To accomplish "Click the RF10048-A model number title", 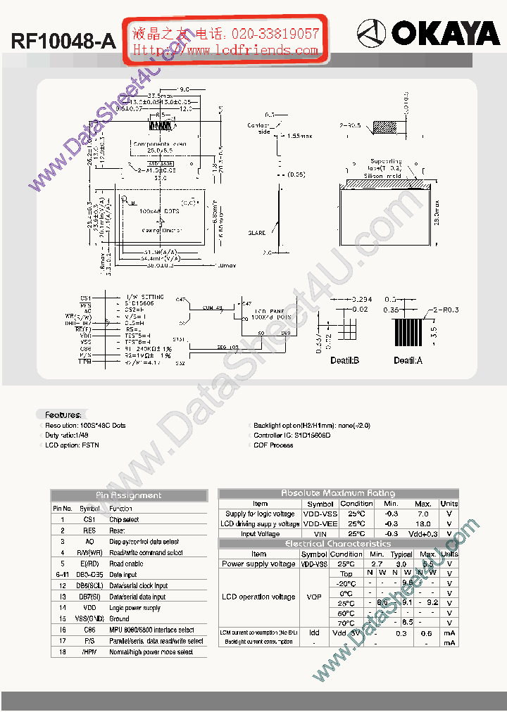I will pos(63,42).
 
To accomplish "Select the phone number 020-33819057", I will pos(275,33).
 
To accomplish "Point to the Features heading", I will pos(63,414).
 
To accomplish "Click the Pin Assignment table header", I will pos(129,495).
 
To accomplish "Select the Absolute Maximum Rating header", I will pos(338,493).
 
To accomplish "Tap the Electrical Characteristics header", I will pos(338,544).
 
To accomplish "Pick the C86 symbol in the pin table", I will pos(89,630).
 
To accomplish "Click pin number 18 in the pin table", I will pos(62,651).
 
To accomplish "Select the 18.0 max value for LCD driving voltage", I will pos(423,523).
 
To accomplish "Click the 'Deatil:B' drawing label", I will pos(345,360).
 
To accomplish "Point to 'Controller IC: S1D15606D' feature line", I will pos(292,436).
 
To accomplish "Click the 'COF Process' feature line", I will pos(274,445).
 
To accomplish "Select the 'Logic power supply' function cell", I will pos(135,608).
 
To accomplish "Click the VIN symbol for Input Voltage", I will pos(319,534).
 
